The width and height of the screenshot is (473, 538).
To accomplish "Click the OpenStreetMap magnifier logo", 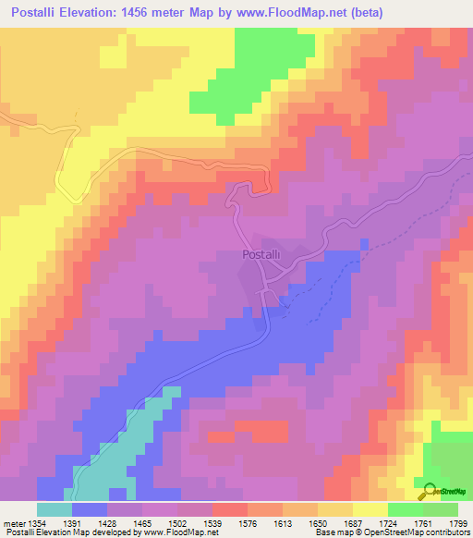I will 428,493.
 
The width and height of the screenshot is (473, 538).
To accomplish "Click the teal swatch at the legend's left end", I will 55,509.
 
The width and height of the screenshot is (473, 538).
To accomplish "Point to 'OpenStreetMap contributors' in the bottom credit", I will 419,532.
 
